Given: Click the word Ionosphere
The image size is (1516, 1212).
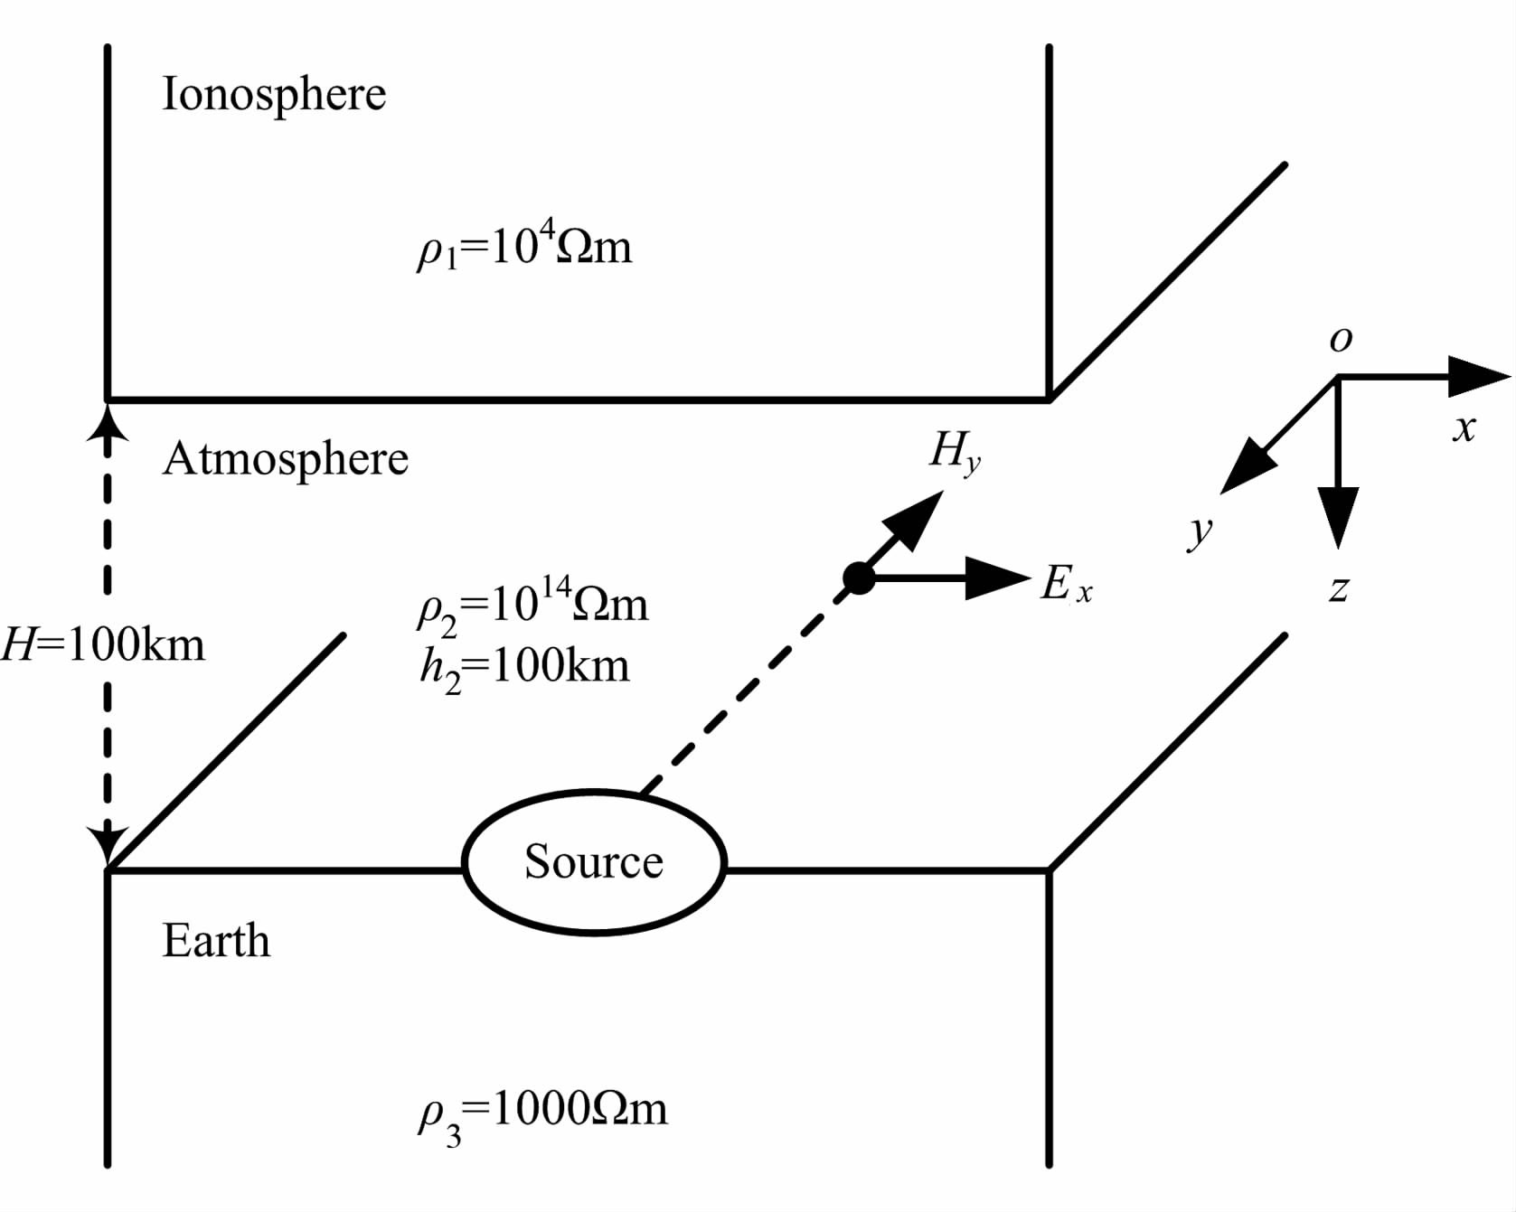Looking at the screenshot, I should pyautogui.click(x=274, y=95).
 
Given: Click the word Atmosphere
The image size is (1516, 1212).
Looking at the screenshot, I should pyautogui.click(x=286, y=459).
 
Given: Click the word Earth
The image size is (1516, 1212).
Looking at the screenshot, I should pyautogui.click(x=216, y=941).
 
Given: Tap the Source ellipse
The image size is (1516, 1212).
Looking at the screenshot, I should pyautogui.click(x=594, y=861).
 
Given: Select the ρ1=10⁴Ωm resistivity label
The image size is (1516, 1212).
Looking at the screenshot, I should pyautogui.click(x=524, y=246).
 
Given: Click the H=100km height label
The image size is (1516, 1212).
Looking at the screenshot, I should pyautogui.click(x=103, y=645).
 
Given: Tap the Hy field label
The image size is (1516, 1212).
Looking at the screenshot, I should pyautogui.click(x=955, y=450).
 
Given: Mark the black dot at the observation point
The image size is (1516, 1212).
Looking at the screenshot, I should pyautogui.click(x=859, y=578).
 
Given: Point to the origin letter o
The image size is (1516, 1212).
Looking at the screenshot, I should pyautogui.click(x=1342, y=339).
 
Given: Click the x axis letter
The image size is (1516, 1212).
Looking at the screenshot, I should pyautogui.click(x=1464, y=427).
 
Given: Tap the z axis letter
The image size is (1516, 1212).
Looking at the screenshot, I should pyautogui.click(x=1339, y=589).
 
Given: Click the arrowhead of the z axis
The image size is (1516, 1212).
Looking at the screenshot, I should pyautogui.click(x=1338, y=515).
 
